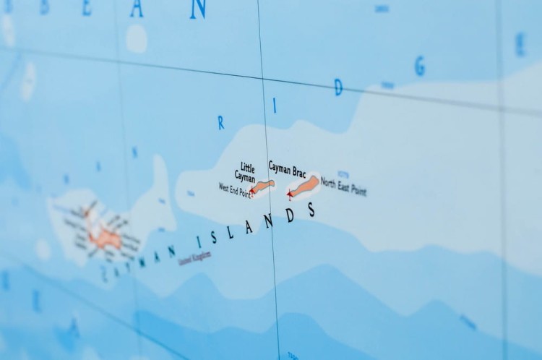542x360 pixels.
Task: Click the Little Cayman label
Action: [x=246, y=171]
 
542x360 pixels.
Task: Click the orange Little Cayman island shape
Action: [x=264, y=186]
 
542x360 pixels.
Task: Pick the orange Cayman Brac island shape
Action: [x=306, y=186]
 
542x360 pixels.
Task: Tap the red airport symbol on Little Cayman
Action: [x=251, y=192]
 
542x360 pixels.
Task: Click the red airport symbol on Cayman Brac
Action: [x=290, y=194]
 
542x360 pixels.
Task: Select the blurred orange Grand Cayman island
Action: [x=105, y=234]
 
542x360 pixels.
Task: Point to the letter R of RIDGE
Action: [x=220, y=124]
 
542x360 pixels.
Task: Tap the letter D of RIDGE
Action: [x=337, y=89]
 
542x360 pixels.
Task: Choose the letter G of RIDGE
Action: [x=419, y=67]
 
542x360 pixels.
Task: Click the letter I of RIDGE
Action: [x=275, y=106]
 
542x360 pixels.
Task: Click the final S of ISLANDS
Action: [x=311, y=210]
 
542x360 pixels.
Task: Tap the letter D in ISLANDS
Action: [x=291, y=216]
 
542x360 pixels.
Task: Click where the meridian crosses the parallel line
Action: [x=262, y=78]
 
